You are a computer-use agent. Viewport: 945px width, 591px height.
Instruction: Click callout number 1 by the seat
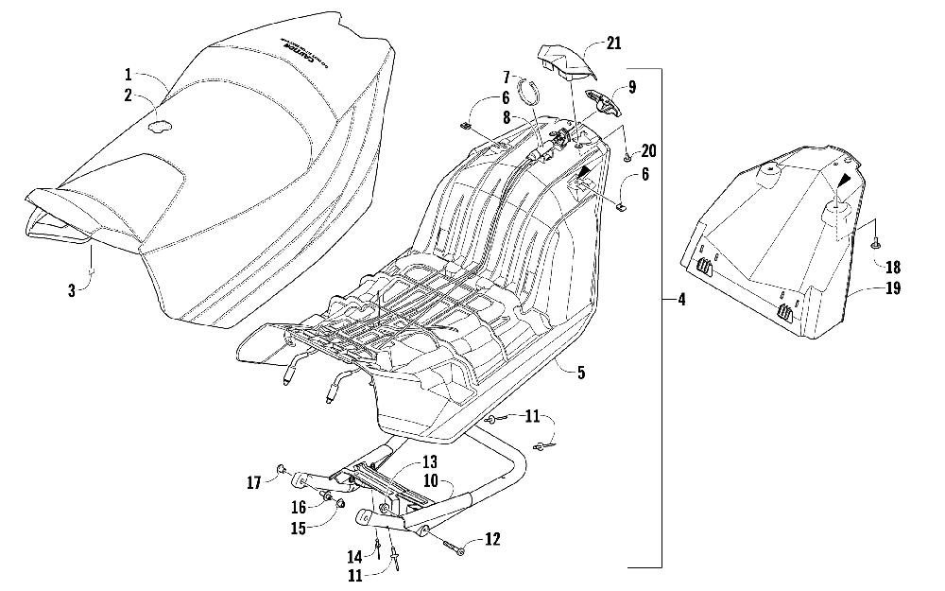pyautogui.click(x=127, y=73)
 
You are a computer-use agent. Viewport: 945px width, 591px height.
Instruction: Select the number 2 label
pyautogui.click(x=128, y=95)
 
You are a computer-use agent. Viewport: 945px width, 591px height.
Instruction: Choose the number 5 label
pyautogui.click(x=581, y=373)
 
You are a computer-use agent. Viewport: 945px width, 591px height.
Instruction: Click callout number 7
pyautogui.click(x=506, y=76)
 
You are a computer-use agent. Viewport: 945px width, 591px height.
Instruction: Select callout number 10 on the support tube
pyautogui.click(x=431, y=482)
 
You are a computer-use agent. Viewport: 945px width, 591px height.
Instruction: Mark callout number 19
pyautogui.click(x=894, y=288)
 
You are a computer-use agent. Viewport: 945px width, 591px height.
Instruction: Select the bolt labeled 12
pyautogui.click(x=452, y=546)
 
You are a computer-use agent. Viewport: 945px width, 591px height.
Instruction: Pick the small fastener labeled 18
pyautogui.click(x=875, y=244)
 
